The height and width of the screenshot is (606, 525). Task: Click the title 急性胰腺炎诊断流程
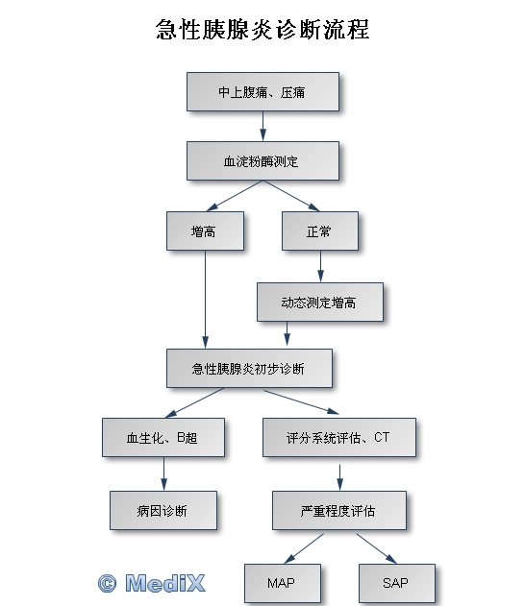[x=262, y=30]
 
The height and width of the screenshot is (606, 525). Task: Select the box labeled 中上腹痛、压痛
[x=262, y=91]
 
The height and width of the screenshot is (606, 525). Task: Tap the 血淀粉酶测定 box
[x=262, y=160]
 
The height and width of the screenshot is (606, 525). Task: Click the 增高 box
[x=205, y=230]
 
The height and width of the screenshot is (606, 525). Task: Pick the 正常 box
[x=320, y=230]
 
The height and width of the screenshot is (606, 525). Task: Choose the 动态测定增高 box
[x=320, y=302]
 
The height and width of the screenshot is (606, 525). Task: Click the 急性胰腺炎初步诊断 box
[x=249, y=369]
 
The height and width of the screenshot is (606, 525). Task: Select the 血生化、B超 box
[x=163, y=437]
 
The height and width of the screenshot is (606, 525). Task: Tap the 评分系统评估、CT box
[x=339, y=437]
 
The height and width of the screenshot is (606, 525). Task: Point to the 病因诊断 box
[x=163, y=510]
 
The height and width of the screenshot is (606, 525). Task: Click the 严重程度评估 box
[x=339, y=510]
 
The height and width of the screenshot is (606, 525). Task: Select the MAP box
[x=283, y=583]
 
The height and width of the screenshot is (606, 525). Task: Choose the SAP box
[x=397, y=583]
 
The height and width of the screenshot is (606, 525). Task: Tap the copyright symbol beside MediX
[x=107, y=584]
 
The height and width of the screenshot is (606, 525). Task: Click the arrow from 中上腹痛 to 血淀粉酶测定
[x=263, y=126]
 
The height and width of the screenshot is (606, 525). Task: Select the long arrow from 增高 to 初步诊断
[x=205, y=300]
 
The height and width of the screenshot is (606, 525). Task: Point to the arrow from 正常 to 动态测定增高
[x=320, y=266]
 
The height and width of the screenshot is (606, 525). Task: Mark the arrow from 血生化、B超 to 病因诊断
[x=163, y=473]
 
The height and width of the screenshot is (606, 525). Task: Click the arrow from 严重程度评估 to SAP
[x=376, y=548]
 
